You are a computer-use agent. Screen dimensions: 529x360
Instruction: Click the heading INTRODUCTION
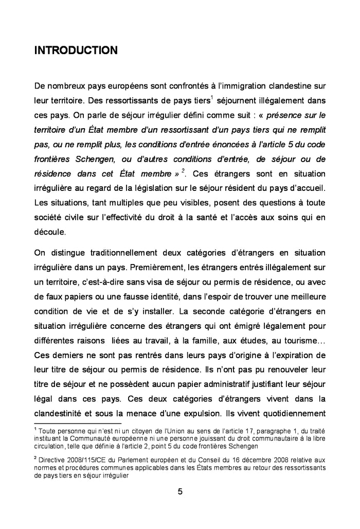point(76,50)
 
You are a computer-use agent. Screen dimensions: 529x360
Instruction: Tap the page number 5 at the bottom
point(180,491)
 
